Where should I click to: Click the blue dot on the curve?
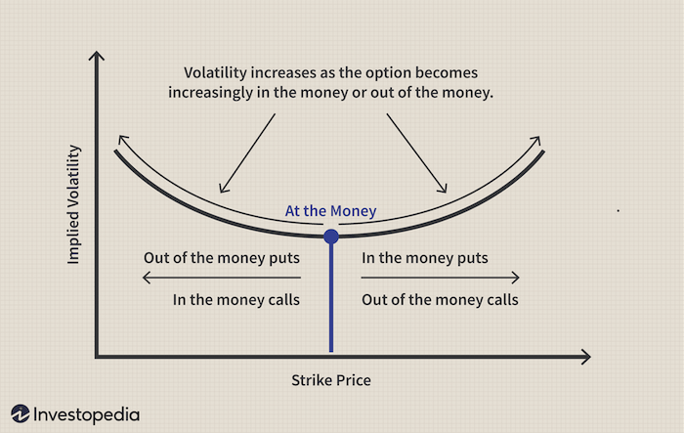[331, 237]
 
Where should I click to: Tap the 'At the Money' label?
[330, 211]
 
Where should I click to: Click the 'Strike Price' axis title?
[331, 379]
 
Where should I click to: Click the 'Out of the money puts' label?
[221, 259]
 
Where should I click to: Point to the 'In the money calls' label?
[235, 299]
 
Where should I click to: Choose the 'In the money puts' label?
[425, 259]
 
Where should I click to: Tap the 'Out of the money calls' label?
[440, 299]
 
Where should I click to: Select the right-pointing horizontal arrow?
[440, 279]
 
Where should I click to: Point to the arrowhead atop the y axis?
[95, 58]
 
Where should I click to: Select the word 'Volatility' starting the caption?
[216, 73]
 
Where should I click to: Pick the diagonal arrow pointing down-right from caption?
[417, 152]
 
